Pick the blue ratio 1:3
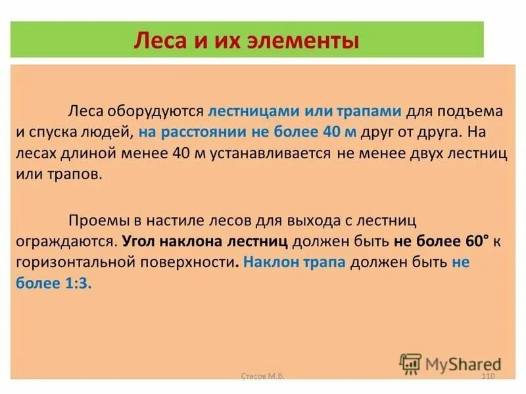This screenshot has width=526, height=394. tap(76, 284)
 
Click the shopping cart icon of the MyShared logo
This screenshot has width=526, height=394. tap(410, 363)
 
